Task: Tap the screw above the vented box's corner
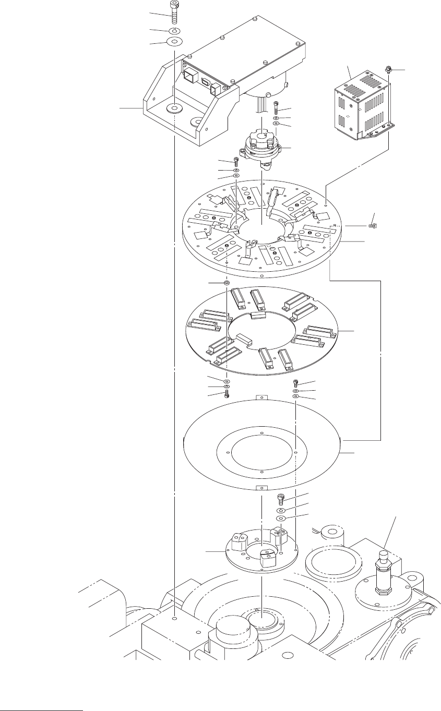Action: coord(389,69)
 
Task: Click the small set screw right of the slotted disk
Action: coord(373,226)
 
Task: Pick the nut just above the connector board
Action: coord(227,283)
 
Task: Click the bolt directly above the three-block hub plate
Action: coord(281,498)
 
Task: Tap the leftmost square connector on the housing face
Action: coord(189,77)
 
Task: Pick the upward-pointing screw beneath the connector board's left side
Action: coord(227,395)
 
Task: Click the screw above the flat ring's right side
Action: coord(296,383)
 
